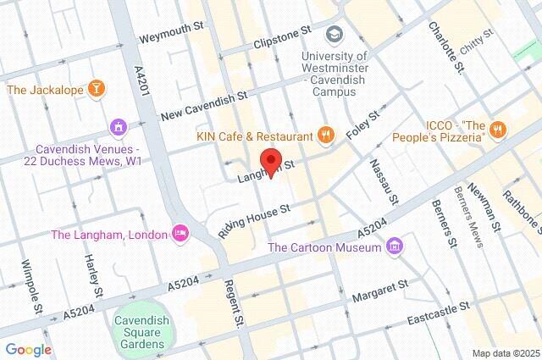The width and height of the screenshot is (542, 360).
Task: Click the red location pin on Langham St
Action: coord(271,162)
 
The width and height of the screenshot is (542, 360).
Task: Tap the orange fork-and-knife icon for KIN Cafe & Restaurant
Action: coord(324,133)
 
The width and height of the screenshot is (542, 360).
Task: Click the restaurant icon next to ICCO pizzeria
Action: coord(499,130)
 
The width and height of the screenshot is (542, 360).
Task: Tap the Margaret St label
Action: coord(381,284)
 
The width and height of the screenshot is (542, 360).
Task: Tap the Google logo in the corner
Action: coord(28,350)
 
